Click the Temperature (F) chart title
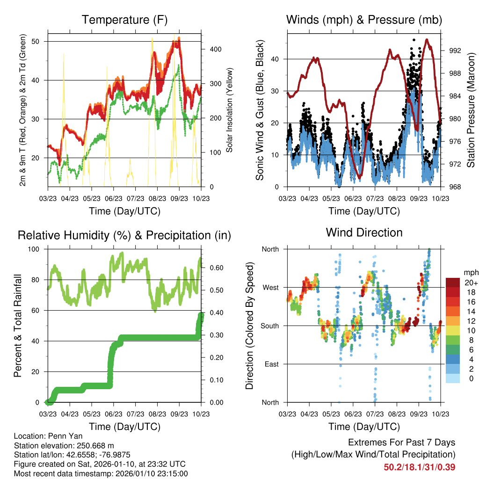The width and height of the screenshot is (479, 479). coord(124,20)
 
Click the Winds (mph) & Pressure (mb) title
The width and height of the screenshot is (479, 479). coord(364,20)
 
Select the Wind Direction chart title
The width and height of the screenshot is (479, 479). coord(364,232)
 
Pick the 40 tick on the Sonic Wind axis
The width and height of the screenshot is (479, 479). coord(279,59)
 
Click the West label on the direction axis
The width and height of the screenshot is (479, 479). coord(270,287)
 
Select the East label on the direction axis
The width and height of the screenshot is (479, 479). coord(271,364)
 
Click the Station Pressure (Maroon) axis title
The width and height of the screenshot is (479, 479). coord(471,110)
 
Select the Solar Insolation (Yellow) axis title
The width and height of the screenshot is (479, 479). coord(230,110)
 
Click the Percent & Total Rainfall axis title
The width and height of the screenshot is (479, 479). coord(18,326)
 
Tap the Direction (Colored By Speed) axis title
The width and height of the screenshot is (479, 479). coord(250,326)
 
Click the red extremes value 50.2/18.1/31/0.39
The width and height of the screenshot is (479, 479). coord(420,467)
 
